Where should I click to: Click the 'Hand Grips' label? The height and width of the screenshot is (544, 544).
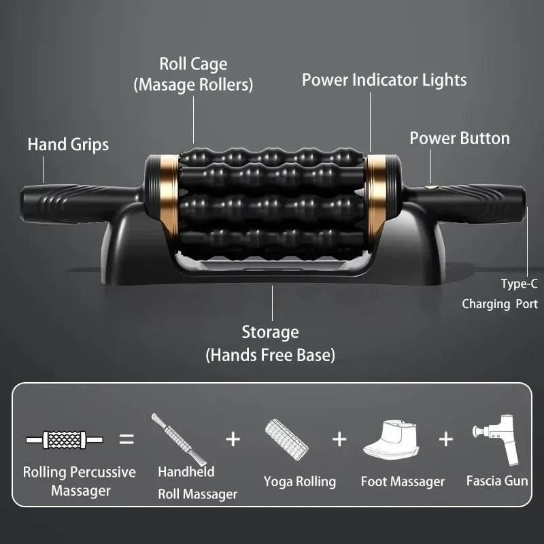click(x=68, y=144)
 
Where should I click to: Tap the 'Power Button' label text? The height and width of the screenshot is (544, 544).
click(x=459, y=139)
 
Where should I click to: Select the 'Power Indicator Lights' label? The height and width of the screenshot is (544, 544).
click(x=384, y=80)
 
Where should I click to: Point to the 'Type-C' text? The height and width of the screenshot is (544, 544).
click(x=519, y=284)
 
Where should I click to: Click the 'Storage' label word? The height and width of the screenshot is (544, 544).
click(x=270, y=333)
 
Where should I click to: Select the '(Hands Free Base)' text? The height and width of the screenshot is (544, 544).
click(x=270, y=355)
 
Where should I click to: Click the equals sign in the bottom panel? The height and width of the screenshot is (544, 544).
click(x=126, y=439)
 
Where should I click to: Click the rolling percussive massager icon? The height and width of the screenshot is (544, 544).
click(x=65, y=440)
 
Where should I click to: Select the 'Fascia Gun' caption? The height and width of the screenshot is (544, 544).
click(x=497, y=481)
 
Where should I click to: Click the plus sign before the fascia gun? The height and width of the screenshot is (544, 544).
click(x=445, y=439)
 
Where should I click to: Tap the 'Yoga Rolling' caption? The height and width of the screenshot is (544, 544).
click(x=300, y=482)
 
